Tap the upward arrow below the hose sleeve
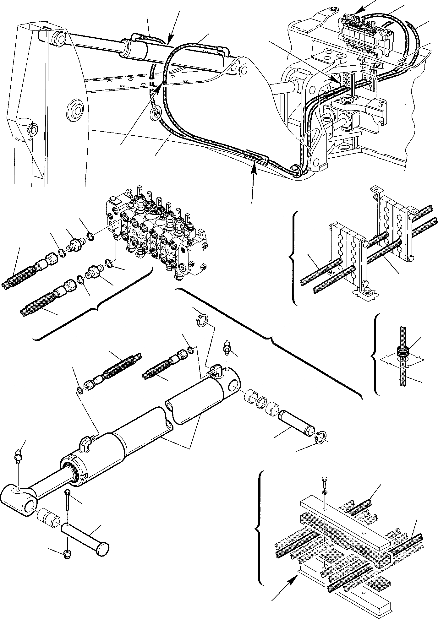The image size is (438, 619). click(254, 171)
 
